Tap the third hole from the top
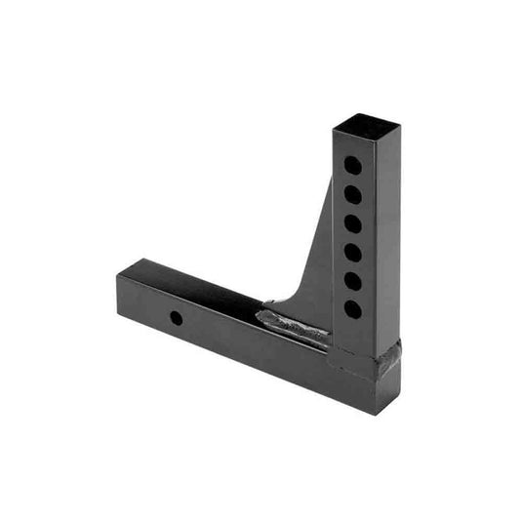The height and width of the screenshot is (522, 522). (x=352, y=223)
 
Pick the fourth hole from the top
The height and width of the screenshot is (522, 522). (x=352, y=252)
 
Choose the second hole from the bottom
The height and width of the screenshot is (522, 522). (x=352, y=280)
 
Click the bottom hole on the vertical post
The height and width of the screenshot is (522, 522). (x=352, y=308)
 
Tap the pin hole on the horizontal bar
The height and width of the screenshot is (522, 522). (x=176, y=318)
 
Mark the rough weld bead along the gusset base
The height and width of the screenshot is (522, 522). (x=293, y=326)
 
